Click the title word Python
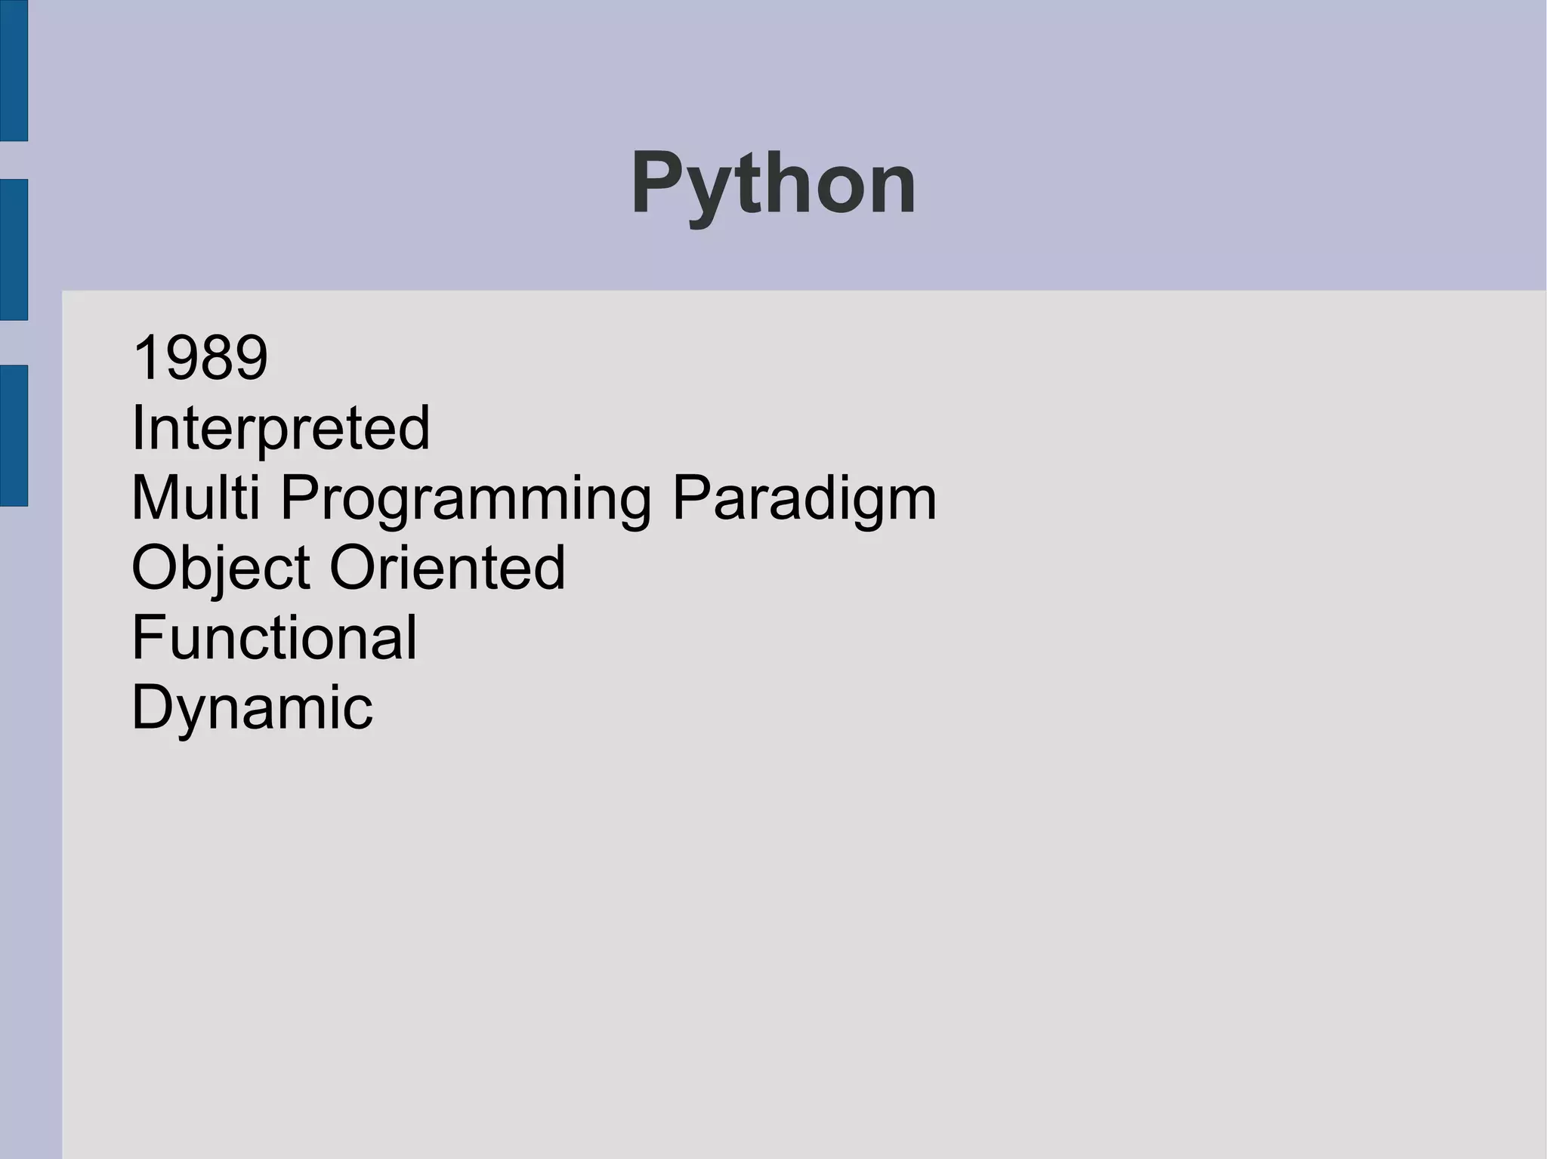(773, 183)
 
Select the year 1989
(199, 357)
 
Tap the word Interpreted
(280, 427)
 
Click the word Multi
(196, 498)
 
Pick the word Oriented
(447, 567)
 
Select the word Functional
(274, 637)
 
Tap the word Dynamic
(252, 708)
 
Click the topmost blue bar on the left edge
(14, 70)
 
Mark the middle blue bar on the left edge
(14, 249)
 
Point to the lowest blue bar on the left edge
(14, 435)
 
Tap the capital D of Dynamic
(151, 707)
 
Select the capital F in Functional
(147, 637)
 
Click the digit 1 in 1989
(144, 357)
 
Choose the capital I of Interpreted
(137, 427)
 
